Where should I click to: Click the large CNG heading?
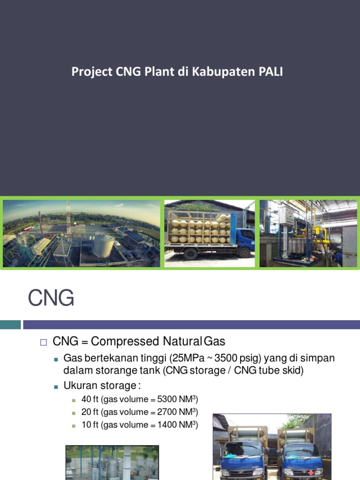tap(51, 298)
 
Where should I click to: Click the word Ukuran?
tap(80, 386)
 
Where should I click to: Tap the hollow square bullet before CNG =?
tap(44, 342)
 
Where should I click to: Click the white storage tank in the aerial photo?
tap(103, 245)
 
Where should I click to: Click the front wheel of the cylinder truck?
tap(190, 255)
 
